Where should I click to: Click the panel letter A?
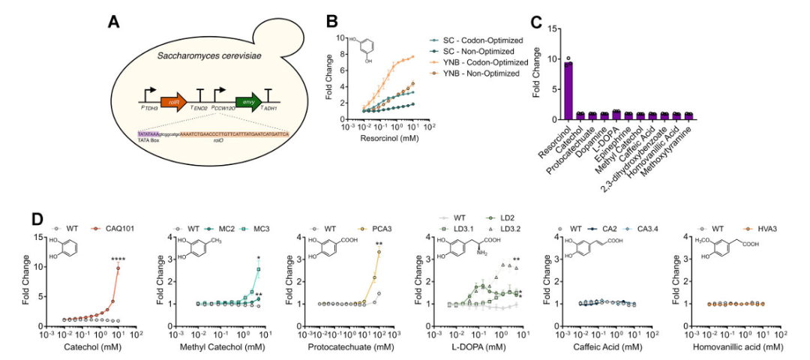113,22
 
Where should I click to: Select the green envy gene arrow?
245,104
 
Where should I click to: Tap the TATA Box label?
148,139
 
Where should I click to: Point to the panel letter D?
36,222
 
